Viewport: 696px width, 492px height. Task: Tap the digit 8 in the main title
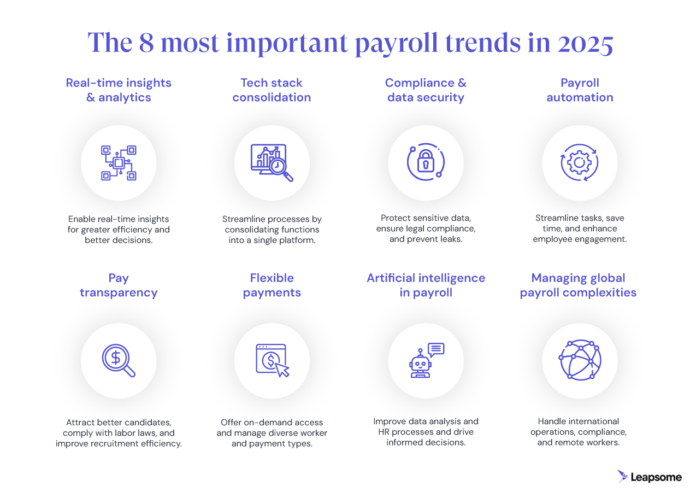[146, 43]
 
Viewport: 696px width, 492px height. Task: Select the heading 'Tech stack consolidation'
[272, 90]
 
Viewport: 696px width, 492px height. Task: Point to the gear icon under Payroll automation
[579, 162]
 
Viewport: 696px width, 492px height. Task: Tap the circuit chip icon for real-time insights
[119, 162]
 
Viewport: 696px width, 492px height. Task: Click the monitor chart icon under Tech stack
[272, 162]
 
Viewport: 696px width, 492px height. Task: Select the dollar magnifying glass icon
[119, 361]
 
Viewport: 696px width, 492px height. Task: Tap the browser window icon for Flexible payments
[272, 360]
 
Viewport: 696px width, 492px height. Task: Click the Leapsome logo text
[656, 477]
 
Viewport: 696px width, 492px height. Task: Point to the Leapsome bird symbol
[622, 476]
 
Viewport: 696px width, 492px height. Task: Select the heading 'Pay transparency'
[119, 285]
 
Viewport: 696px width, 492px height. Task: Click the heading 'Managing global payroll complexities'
[578, 285]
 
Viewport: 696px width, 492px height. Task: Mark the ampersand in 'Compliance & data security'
[461, 83]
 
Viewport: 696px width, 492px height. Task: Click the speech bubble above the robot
[436, 349]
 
